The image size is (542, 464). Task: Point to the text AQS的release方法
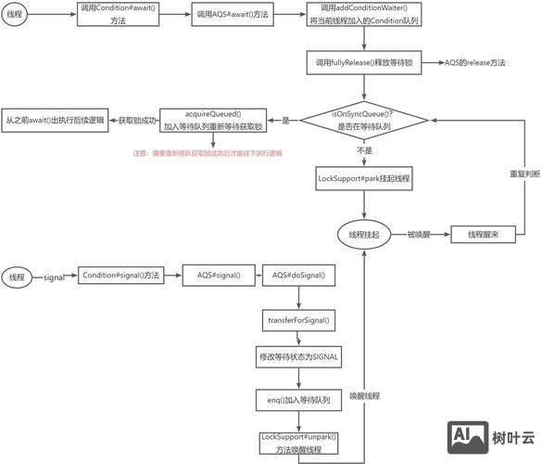point(474,63)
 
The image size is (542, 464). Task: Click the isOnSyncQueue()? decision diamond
point(362,119)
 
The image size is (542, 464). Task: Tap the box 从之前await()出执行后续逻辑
point(55,120)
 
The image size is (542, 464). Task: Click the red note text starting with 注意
point(208,153)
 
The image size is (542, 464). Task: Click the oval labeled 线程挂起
point(362,234)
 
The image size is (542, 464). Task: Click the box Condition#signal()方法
point(121,277)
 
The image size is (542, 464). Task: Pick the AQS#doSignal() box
point(298,277)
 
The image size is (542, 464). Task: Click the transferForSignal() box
point(298,320)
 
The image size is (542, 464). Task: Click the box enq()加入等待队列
point(298,399)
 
